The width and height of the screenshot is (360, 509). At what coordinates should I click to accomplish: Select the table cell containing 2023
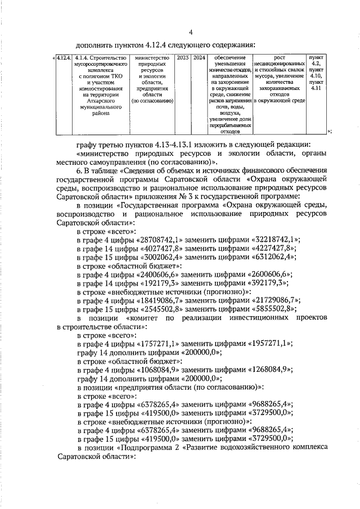coord(183,58)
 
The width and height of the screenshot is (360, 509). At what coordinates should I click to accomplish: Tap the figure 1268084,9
coord(271,369)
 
